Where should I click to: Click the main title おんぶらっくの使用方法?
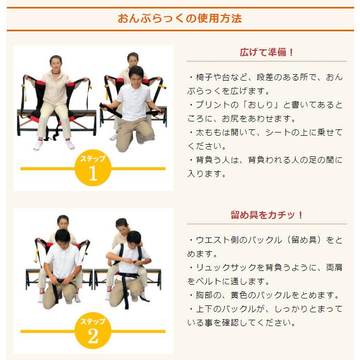click(180, 19)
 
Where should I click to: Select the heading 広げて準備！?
click(267, 52)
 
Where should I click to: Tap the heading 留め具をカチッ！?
click(267, 215)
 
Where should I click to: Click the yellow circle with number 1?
click(92, 169)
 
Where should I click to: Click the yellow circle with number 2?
click(92, 331)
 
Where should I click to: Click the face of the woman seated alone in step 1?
click(55, 62)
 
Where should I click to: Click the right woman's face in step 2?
click(122, 224)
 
